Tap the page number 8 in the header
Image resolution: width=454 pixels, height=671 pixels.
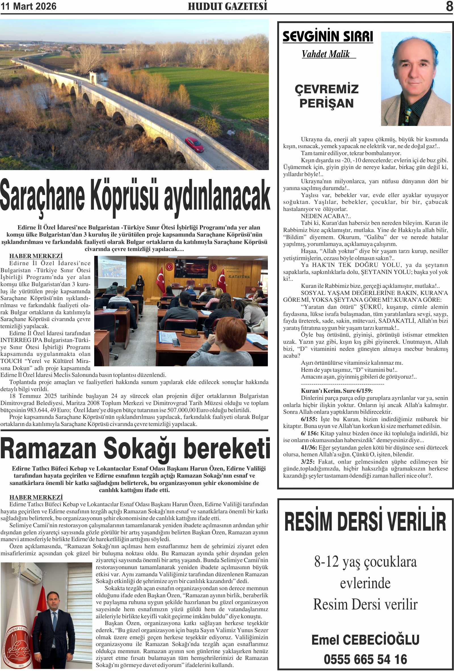point(449,6)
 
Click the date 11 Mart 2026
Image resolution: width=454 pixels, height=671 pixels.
point(28,6)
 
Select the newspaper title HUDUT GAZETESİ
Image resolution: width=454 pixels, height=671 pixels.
point(228,6)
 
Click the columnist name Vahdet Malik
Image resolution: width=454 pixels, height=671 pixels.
point(326,54)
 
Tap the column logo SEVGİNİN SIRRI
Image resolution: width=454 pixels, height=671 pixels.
point(328,37)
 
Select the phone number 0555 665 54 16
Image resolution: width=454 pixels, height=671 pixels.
point(365,659)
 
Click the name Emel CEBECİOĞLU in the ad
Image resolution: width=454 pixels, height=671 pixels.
point(365,640)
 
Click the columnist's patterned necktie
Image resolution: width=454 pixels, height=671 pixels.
point(408,115)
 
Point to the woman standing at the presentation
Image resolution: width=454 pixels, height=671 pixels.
point(140,284)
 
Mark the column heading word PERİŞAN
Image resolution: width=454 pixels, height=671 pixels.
point(326,103)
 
